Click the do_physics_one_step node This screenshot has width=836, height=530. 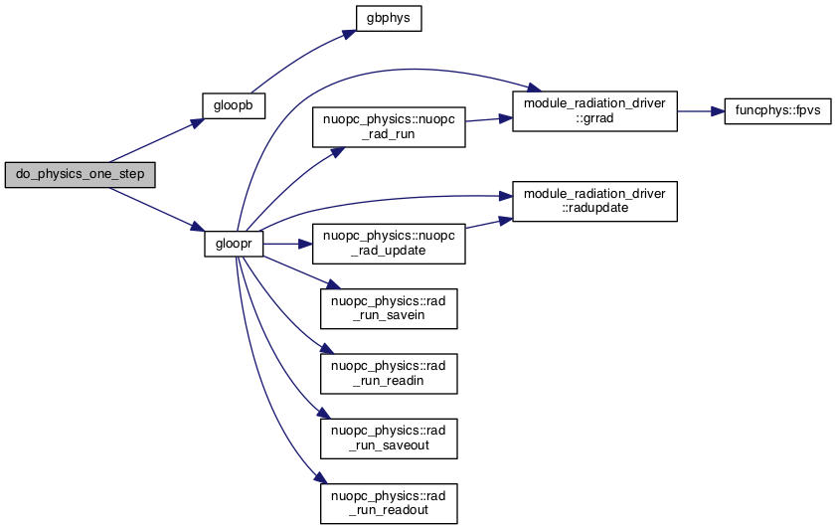tap(81, 174)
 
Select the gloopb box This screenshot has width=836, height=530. tap(234, 103)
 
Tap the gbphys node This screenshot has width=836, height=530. tap(390, 19)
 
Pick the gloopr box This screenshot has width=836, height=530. tap(234, 244)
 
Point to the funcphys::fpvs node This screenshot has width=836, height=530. tap(779, 110)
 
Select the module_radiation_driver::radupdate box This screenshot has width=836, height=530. tap(593, 201)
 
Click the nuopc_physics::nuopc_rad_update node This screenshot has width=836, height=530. tap(389, 244)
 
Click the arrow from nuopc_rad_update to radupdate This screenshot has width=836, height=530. tap(488, 222)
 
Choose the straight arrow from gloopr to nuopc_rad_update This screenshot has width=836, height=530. tap(288, 244)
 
